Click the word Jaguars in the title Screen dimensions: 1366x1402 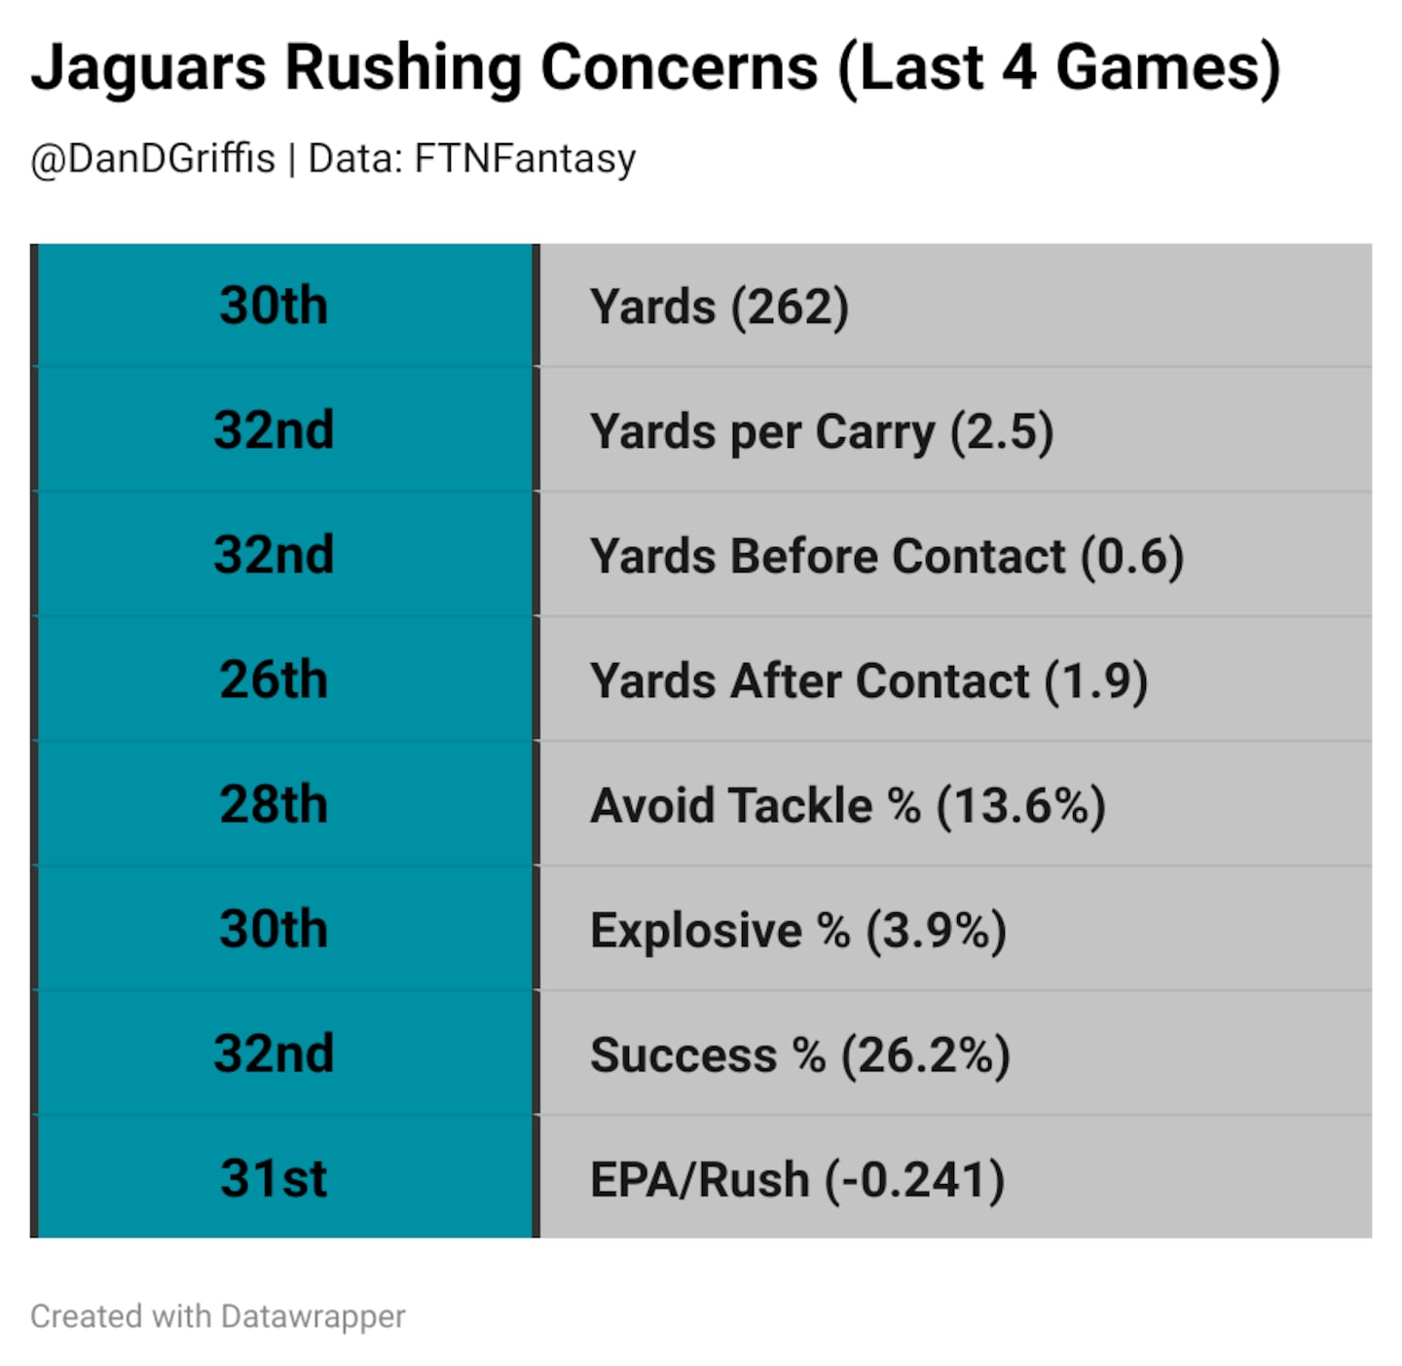(x=148, y=68)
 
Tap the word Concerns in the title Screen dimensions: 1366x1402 (x=679, y=68)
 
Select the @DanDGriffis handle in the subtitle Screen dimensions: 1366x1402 (x=153, y=159)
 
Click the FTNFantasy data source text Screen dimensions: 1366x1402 (x=525, y=159)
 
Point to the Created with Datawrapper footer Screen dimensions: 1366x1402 (x=217, y=1316)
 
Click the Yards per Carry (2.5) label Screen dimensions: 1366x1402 (x=822, y=431)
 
